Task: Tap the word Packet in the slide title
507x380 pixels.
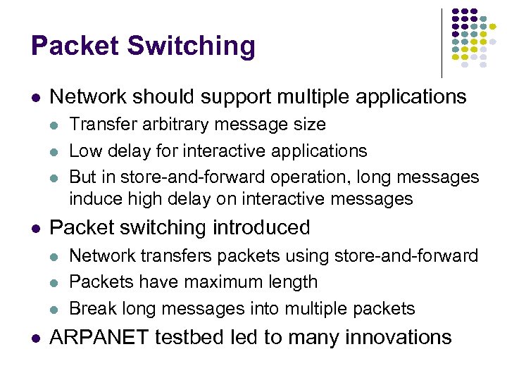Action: [75, 47]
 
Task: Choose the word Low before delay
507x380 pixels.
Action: [84, 151]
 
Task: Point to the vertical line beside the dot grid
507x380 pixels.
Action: [442, 42]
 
